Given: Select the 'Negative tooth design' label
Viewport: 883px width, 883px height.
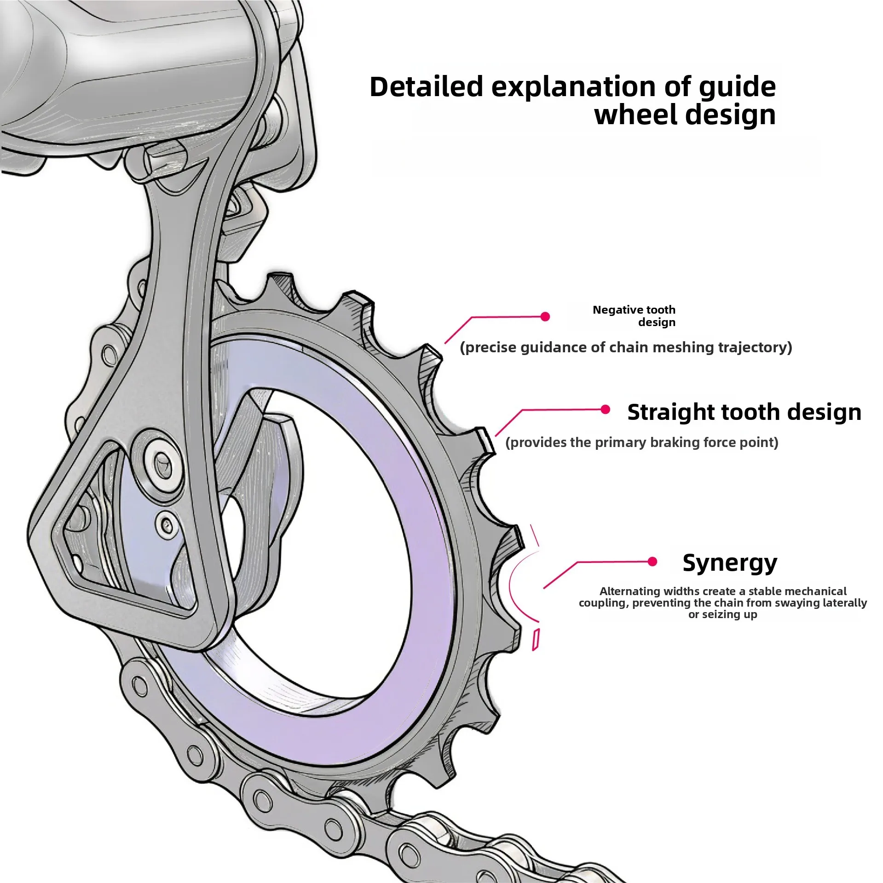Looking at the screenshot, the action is point(634,316).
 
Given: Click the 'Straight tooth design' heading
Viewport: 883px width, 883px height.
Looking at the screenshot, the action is point(744,412).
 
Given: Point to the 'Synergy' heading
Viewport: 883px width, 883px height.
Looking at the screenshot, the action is point(730,563).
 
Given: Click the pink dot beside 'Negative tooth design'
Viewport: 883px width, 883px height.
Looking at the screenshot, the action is point(545,316).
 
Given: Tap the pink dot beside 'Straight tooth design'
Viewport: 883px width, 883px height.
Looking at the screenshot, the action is point(606,409).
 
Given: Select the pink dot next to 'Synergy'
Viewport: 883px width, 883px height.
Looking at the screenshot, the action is point(652,562).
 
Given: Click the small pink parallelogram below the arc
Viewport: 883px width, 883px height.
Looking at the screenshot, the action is point(535,640).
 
